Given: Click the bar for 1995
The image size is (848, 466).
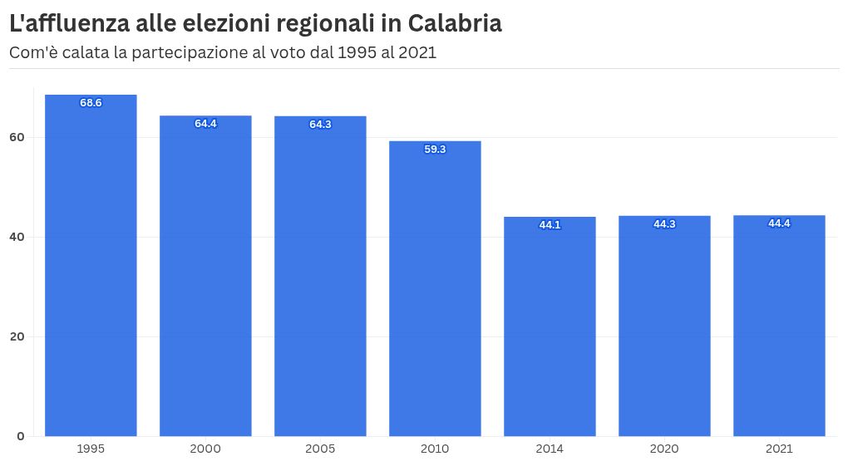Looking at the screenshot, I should [x=91, y=266].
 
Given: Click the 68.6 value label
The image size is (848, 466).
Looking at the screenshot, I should [x=91, y=103].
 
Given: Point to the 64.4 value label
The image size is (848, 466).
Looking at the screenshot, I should [x=205, y=124].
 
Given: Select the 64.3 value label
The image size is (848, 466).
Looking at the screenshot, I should [x=320, y=125].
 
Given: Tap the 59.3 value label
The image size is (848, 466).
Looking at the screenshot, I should [x=435, y=150].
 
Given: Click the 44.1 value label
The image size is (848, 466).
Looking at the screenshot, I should [x=550, y=225].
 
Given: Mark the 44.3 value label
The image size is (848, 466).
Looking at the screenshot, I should [x=664, y=224].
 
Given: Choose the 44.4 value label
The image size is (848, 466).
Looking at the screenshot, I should [x=779, y=223].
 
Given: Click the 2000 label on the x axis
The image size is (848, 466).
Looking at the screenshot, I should [x=205, y=449].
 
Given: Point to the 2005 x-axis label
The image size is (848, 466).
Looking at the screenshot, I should [x=320, y=449].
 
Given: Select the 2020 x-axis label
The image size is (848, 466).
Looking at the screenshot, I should [x=664, y=449].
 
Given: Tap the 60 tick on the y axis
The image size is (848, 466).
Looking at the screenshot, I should [x=17, y=137].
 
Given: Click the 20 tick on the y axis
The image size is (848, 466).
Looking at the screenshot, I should [x=17, y=336].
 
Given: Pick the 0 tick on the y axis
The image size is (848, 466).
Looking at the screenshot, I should [x=21, y=436].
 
